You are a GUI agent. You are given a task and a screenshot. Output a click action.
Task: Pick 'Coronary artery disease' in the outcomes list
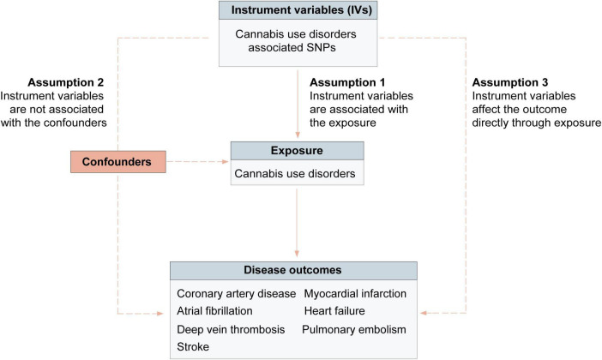tap(236, 294)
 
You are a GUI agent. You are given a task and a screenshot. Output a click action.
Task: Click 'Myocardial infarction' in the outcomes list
tap(354, 294)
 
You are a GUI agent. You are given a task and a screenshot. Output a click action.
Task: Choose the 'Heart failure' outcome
tap(334, 310)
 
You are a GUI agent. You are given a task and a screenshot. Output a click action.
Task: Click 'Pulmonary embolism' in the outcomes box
tap(353, 329)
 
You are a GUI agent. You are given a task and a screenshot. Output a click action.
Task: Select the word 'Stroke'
tap(194, 346)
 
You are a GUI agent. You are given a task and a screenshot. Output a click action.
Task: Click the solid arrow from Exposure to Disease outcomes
tap(297, 223)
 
